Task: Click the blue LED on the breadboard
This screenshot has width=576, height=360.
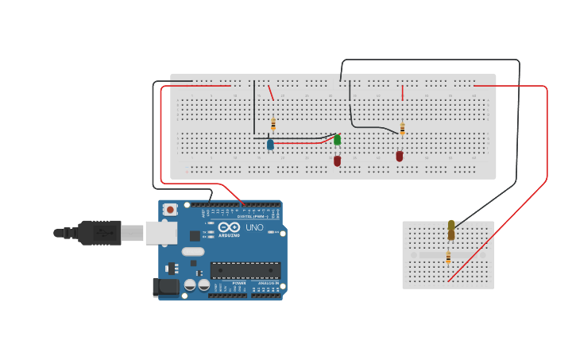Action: coord(270,145)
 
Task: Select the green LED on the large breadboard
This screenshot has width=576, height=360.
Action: coord(337,140)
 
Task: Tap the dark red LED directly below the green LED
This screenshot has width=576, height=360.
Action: coord(337,161)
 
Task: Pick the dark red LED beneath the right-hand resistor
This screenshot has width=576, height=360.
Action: coord(400,156)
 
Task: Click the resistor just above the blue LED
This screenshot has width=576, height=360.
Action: coord(273,124)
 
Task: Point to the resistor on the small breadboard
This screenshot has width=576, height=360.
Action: coord(448,257)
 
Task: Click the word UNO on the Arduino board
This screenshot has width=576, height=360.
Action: coord(254,227)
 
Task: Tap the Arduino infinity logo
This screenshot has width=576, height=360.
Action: coord(230,226)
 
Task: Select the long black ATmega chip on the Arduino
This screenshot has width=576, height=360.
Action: coord(245,270)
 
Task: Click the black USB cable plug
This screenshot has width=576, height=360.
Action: coord(99,233)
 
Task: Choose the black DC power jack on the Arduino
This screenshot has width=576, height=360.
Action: coord(164,286)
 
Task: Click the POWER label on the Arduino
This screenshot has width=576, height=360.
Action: coord(239,283)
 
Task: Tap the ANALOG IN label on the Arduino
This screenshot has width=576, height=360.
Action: coord(266,283)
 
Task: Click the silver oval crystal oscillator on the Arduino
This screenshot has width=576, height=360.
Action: coord(193,252)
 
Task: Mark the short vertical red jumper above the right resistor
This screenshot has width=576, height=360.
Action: coord(403,93)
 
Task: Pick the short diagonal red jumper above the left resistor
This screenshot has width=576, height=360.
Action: coord(271,93)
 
